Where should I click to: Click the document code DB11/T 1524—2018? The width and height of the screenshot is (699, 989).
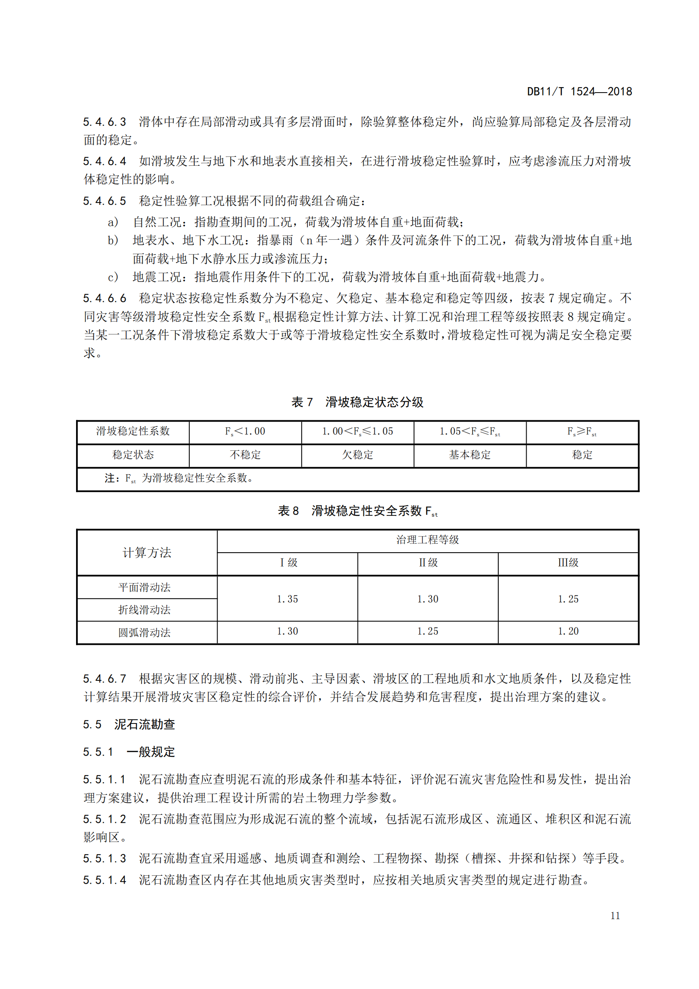point(579,91)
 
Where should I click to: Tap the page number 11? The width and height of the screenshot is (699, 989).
point(615,916)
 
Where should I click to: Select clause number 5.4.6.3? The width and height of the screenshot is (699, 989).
point(104,122)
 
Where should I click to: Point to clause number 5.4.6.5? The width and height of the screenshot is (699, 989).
point(104,201)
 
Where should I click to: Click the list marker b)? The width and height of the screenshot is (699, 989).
point(113,240)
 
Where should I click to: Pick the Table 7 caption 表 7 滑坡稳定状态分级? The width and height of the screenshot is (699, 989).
point(357,402)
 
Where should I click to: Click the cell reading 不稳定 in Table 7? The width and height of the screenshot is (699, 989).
point(246,455)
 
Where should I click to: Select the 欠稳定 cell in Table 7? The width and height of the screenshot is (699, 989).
point(357,455)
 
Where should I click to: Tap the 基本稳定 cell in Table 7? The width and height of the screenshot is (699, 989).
point(470,455)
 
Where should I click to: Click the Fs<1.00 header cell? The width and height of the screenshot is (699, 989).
point(245,431)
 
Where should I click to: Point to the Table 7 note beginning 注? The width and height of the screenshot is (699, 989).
point(179,478)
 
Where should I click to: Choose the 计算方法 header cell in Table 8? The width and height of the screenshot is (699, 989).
point(147,552)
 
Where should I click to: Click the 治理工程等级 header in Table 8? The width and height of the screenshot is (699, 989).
point(427,540)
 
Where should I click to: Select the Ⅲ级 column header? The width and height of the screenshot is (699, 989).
point(568,562)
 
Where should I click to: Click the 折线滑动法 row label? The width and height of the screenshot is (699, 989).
point(145,610)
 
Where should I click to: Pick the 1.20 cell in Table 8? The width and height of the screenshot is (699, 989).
point(568,631)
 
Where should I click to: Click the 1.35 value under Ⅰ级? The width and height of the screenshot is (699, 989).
point(287,599)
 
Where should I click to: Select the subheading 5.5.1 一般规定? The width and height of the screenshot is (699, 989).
point(129,752)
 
